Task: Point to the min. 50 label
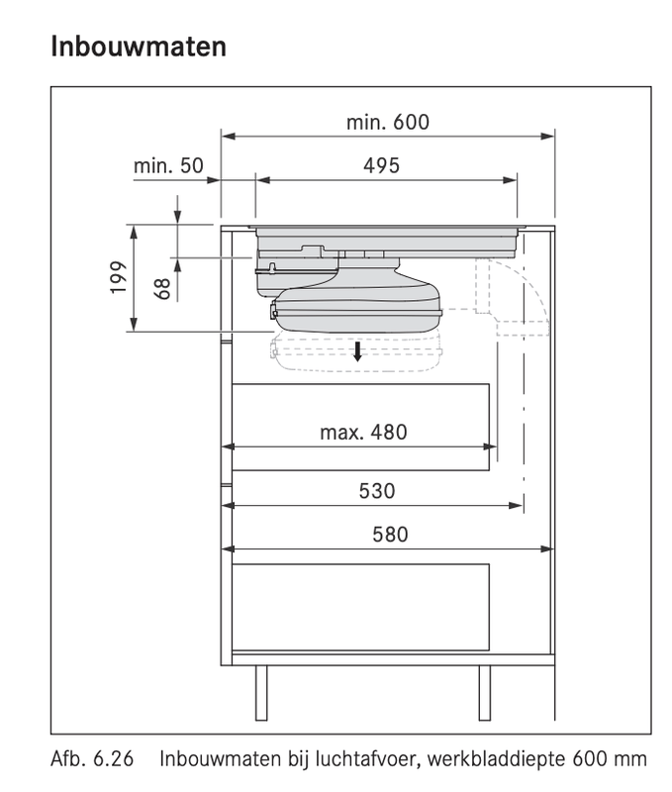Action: point(168,165)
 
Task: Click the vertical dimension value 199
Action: point(118,278)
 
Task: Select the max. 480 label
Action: point(363,432)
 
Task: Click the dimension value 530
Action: point(376,490)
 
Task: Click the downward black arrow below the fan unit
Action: point(358,350)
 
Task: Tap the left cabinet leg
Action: point(261,692)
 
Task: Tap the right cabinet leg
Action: point(485,692)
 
